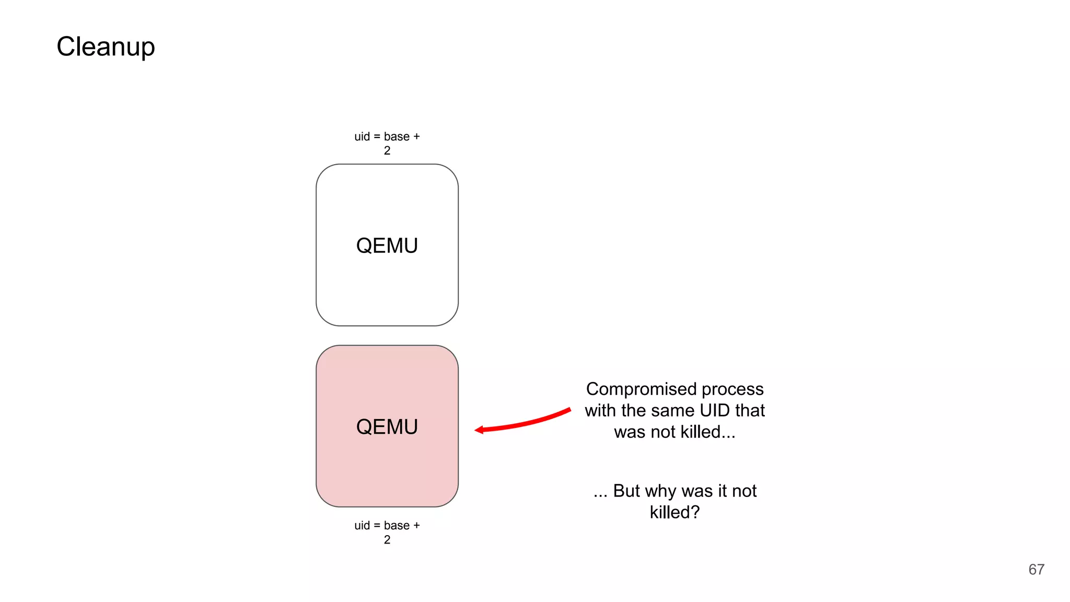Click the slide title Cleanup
click(106, 47)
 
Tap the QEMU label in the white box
click(387, 246)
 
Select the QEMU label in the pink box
click(387, 427)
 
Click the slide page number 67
click(1036, 570)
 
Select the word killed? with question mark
click(674, 513)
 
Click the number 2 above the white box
click(387, 151)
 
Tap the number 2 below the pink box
click(387, 540)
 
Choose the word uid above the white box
click(362, 137)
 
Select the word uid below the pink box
click(362, 526)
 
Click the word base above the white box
click(397, 137)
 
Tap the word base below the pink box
click(397, 526)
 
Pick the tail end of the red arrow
click(569, 410)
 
